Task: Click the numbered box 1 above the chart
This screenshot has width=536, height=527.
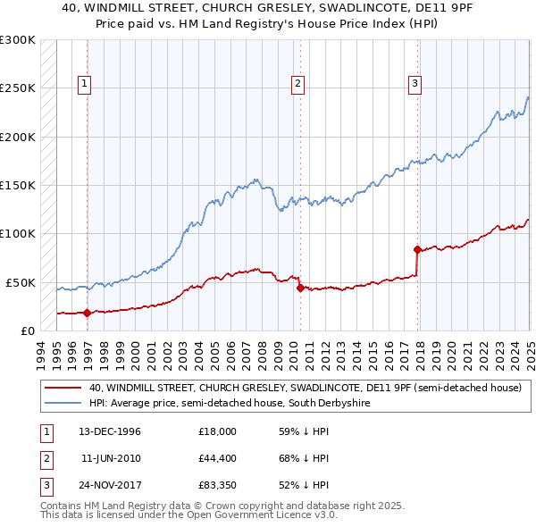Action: (84, 85)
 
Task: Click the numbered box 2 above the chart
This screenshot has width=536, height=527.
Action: (297, 85)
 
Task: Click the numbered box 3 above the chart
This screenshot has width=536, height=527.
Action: (415, 85)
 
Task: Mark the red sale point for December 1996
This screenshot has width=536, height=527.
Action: (87, 313)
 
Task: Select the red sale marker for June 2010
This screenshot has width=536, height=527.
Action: (299, 288)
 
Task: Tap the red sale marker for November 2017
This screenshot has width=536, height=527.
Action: (417, 249)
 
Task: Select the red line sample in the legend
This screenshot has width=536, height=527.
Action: (63, 389)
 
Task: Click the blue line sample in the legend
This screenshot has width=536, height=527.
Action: (63, 404)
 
